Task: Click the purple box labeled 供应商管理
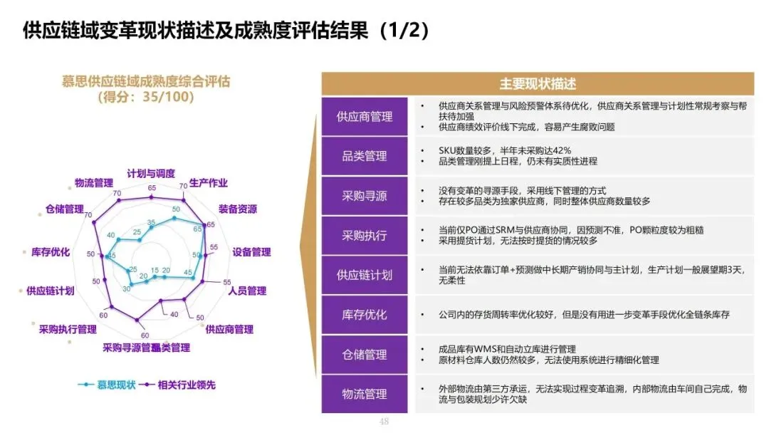point(364,116)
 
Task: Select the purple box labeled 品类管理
point(364,156)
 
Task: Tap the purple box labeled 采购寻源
point(364,195)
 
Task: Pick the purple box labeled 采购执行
point(364,235)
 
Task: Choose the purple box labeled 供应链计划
point(364,275)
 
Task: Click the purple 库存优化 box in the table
point(364,314)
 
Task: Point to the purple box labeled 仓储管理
point(364,354)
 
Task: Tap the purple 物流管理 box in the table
point(364,394)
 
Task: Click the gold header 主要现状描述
point(538,83)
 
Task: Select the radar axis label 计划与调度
point(151,174)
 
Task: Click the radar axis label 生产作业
point(209,183)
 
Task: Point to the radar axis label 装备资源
point(238,209)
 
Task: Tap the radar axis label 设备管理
point(251,252)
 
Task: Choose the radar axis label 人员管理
point(247,291)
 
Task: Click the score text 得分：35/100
point(145,96)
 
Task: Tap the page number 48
point(384,422)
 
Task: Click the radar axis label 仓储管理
point(65,209)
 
